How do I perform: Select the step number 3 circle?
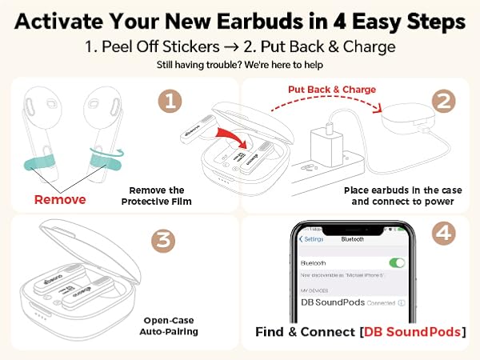tap(164, 239)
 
